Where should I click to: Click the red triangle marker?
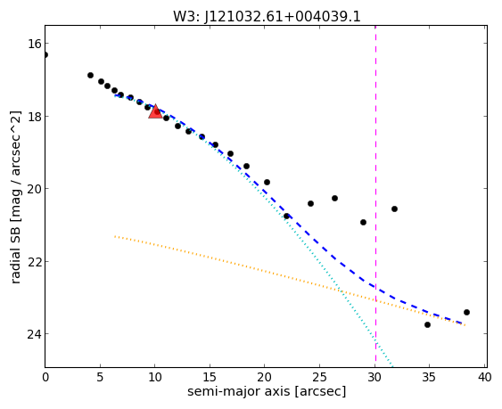(x=155, y=111)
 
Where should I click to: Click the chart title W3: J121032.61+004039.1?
(x=267, y=17)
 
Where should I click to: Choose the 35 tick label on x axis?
(x=428, y=378)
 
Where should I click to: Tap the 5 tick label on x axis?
(x=100, y=378)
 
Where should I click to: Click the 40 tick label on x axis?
(x=484, y=378)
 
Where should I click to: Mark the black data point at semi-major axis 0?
(x=45, y=54)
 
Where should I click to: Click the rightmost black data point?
(x=466, y=313)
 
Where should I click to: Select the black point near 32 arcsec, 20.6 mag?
(x=394, y=209)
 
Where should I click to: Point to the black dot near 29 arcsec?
(x=363, y=222)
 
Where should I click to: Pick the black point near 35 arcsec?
(x=427, y=325)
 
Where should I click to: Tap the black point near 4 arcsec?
(x=90, y=75)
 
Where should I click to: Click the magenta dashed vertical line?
(x=375, y=196)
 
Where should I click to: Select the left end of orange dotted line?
(x=115, y=236)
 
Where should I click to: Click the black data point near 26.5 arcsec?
(x=334, y=199)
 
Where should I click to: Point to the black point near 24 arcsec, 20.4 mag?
(x=310, y=203)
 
